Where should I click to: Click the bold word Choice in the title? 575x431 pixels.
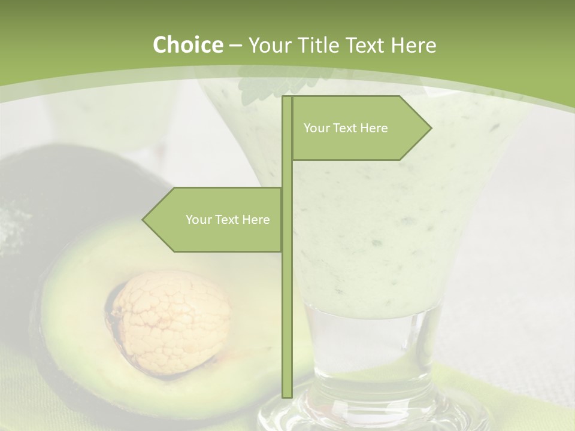(x=187, y=45)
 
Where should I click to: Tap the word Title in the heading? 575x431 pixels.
(x=316, y=45)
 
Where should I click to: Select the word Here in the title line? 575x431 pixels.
(x=413, y=45)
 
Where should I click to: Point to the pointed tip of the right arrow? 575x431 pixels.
(x=429, y=128)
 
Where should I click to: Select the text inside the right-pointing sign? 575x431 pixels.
(x=346, y=128)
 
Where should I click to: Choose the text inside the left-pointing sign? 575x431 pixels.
(x=228, y=220)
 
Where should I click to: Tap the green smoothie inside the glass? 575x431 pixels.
(x=389, y=239)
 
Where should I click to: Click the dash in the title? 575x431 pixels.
(x=235, y=45)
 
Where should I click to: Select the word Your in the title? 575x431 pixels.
(x=268, y=45)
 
